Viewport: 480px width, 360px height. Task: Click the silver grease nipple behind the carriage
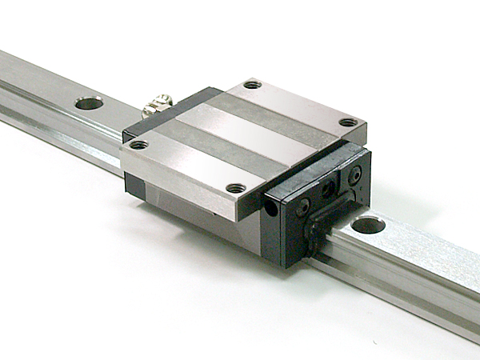pyautogui.click(x=158, y=106)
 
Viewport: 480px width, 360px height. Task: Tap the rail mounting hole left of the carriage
pyautogui.click(x=90, y=102)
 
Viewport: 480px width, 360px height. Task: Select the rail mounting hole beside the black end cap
pyautogui.click(x=367, y=225)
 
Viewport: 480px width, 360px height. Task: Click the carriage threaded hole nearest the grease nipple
pyautogui.click(x=138, y=145)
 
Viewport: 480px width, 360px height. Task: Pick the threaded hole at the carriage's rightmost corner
pyautogui.click(x=348, y=122)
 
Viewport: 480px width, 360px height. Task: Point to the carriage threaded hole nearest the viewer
pyautogui.click(x=236, y=188)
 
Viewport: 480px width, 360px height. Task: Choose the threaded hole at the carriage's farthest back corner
pyautogui.click(x=252, y=84)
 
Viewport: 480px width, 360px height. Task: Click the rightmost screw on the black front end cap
pyautogui.click(x=354, y=174)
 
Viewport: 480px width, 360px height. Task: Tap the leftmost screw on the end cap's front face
pyautogui.click(x=303, y=206)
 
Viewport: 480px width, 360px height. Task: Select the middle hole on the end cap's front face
pyautogui.click(x=327, y=190)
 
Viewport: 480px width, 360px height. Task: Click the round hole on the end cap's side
pyautogui.click(x=273, y=208)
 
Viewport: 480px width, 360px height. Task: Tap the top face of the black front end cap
pyautogui.click(x=316, y=172)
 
